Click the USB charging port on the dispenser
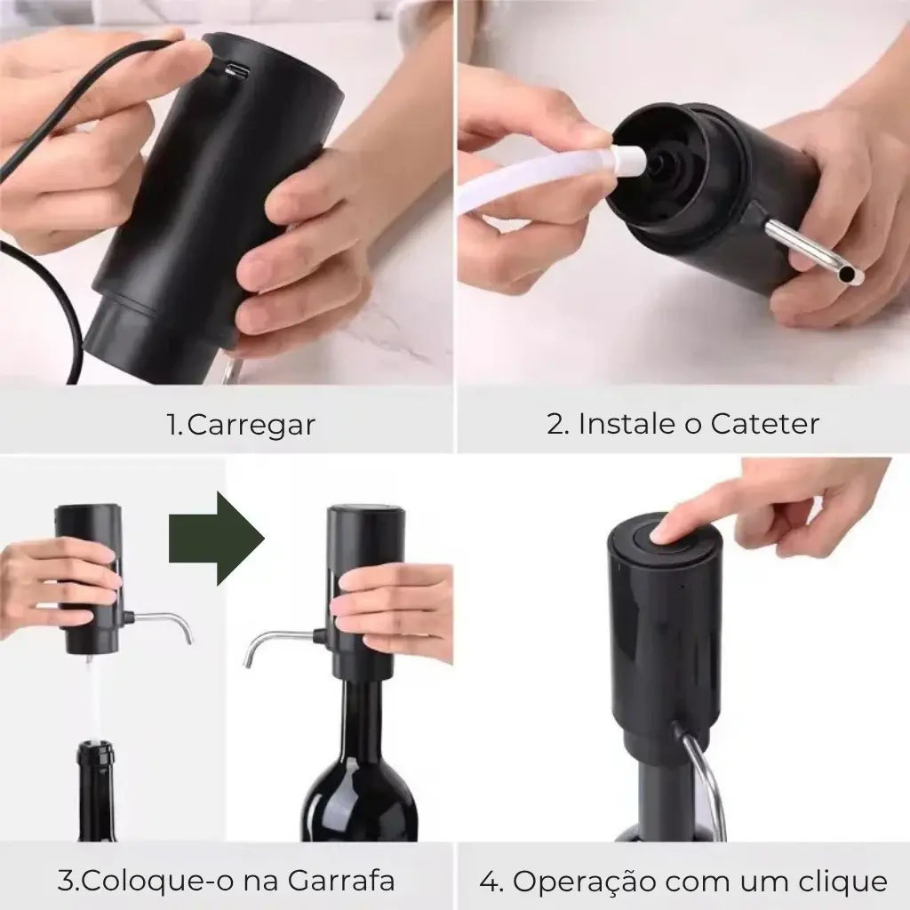238,72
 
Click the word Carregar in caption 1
251,425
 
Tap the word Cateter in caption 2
764,424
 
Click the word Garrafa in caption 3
341,881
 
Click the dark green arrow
217,538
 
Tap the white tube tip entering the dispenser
629,160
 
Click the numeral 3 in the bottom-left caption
66,881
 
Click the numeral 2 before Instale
556,424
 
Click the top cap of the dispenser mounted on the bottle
366,513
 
